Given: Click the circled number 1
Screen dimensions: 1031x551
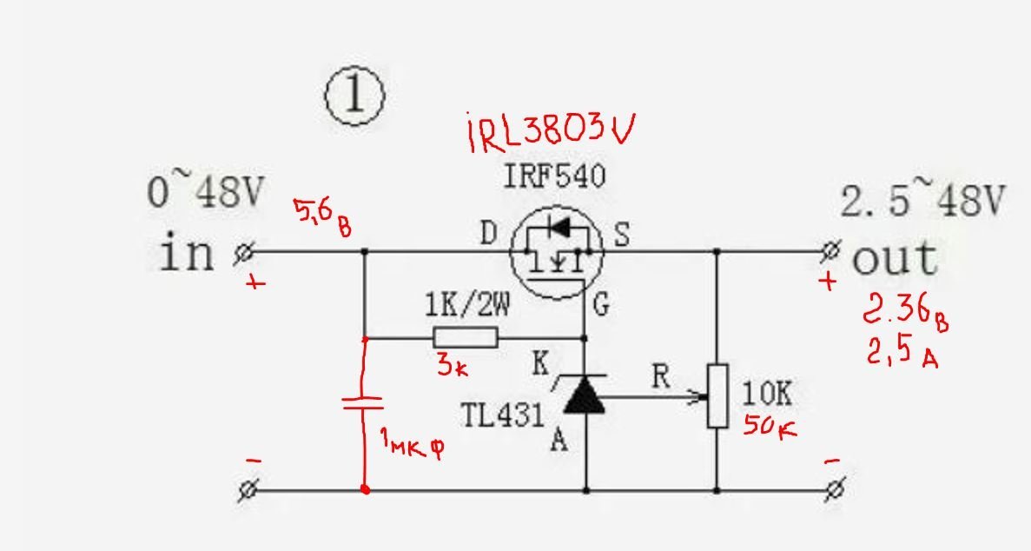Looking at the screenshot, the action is (x=354, y=96).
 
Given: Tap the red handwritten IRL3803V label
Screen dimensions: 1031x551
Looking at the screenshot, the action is (x=551, y=132).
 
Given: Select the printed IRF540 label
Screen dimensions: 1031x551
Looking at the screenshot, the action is (x=554, y=176).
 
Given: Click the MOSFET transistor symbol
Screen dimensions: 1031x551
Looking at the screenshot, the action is (x=556, y=252).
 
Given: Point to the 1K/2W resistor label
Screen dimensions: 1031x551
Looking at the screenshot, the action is (x=466, y=306).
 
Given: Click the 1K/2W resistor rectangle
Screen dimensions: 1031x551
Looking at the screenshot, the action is (x=466, y=338).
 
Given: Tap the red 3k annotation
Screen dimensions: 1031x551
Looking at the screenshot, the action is (x=453, y=364).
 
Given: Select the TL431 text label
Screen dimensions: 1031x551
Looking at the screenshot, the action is (x=503, y=415).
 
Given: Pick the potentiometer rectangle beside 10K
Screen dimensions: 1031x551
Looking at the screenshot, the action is (x=717, y=395).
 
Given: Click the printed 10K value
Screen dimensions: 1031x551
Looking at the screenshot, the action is (x=767, y=394).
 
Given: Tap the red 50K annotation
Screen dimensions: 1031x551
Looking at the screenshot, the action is (x=770, y=426).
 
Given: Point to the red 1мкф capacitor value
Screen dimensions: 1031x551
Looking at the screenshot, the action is (x=413, y=442).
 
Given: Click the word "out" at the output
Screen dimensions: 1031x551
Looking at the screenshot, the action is (x=895, y=258).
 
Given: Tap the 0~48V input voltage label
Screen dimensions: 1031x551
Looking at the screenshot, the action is (x=204, y=191).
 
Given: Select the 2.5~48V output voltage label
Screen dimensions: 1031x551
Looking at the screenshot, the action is (x=922, y=200).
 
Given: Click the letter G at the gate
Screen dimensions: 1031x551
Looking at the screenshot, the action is (x=601, y=305).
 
